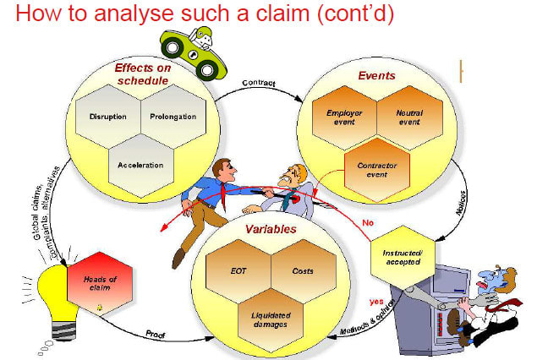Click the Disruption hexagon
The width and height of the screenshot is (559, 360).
(108, 117)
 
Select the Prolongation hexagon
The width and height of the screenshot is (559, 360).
(173, 117)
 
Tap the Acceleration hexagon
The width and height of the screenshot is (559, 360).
(141, 166)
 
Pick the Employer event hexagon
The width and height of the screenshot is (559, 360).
(344, 117)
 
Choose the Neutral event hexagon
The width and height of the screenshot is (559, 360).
(410, 117)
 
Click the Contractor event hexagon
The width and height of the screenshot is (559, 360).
(377, 170)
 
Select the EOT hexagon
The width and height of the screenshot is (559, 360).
(238, 271)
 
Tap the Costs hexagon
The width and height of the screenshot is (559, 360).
(304, 271)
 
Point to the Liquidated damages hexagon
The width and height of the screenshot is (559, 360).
(271, 320)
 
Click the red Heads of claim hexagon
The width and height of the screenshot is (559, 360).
(100, 284)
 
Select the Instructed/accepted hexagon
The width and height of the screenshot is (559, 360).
(403, 258)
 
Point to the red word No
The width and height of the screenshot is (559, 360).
(368, 223)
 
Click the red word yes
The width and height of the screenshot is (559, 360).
(376, 302)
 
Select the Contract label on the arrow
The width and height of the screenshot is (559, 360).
(259, 83)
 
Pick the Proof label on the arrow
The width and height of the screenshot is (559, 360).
(156, 335)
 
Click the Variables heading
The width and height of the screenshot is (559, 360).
(271, 229)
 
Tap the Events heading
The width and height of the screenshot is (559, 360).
(377, 75)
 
